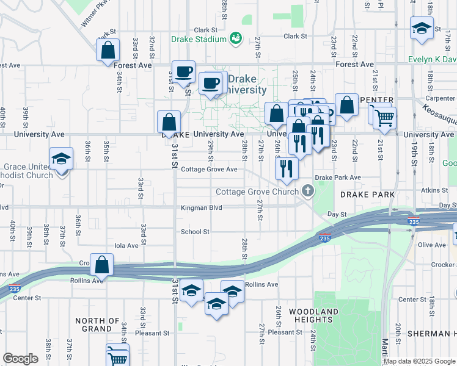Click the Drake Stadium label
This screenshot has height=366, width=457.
tap(199, 40)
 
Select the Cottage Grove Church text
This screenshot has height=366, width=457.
tap(257, 192)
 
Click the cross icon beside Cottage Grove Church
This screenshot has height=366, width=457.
tap(308, 192)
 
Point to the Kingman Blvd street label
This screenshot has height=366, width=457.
tap(201, 208)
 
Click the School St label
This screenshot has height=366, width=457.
tap(195, 232)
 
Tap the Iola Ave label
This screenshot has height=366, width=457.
tap(127, 245)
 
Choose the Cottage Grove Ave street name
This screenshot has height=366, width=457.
tap(209, 169)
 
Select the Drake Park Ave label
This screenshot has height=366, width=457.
tap(338, 178)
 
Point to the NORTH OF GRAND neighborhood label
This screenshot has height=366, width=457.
tap(97, 325)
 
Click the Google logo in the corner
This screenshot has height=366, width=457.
tap(20, 359)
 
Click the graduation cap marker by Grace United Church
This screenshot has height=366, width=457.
tap(61, 159)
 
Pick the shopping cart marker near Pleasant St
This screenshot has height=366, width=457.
tap(117, 354)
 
